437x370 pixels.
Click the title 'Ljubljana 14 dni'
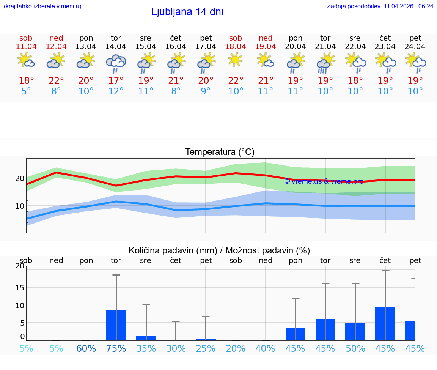tap(187, 12)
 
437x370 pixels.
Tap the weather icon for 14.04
tap(116, 63)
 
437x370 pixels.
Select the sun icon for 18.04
tap(235, 60)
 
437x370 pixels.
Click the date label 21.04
tap(325, 46)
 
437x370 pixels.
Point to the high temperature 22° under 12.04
tap(56, 81)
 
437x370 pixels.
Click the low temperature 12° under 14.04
tap(116, 91)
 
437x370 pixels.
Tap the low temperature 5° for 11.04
tap(26, 91)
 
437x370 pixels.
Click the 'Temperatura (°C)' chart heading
tap(220, 152)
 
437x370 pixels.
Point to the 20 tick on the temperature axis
tap(20, 178)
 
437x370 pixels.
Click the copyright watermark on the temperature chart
tap(324, 181)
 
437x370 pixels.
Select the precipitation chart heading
tap(219, 250)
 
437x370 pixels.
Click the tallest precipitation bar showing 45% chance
tap(385, 324)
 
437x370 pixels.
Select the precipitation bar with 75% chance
tap(116, 325)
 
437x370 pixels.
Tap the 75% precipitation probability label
tap(116, 349)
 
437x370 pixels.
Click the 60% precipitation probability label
tap(86, 349)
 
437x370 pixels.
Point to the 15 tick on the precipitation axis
tap(20, 288)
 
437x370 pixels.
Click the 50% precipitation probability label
tap(355, 349)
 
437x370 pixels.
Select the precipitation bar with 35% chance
tap(146, 338)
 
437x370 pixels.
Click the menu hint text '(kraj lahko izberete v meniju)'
tap(42, 6)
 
